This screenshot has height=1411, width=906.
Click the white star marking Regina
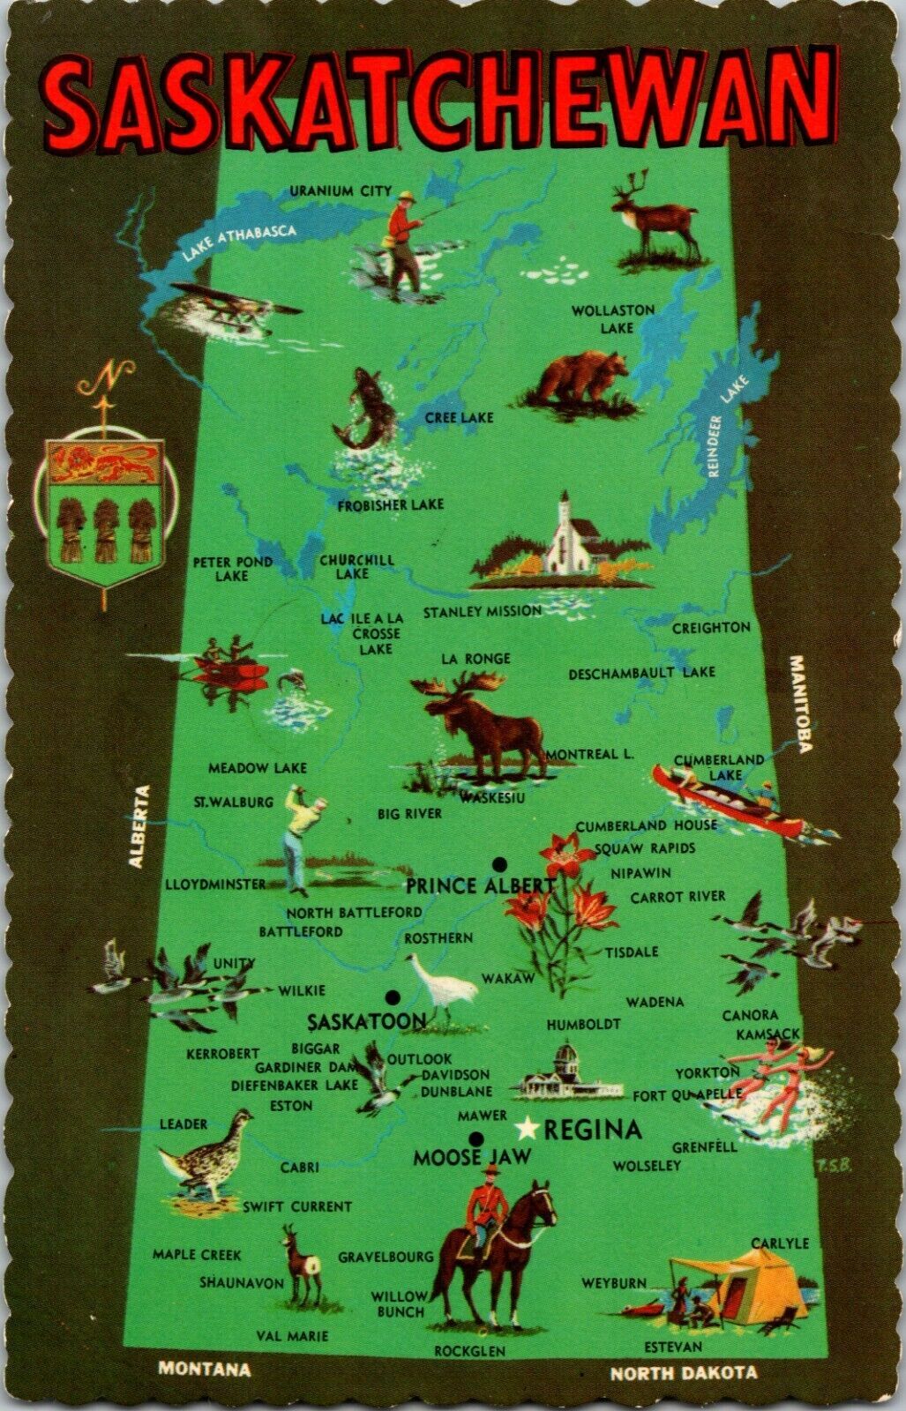[x=528, y=1128]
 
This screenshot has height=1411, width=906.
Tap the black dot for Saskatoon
[x=393, y=997]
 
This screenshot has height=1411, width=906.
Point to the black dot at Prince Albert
[x=499, y=862]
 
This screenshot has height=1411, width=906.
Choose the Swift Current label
[x=297, y=1206]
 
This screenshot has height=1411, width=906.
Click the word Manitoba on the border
[x=801, y=704]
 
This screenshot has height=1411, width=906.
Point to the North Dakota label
[x=684, y=1373]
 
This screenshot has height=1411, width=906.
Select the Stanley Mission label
[x=482, y=611]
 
